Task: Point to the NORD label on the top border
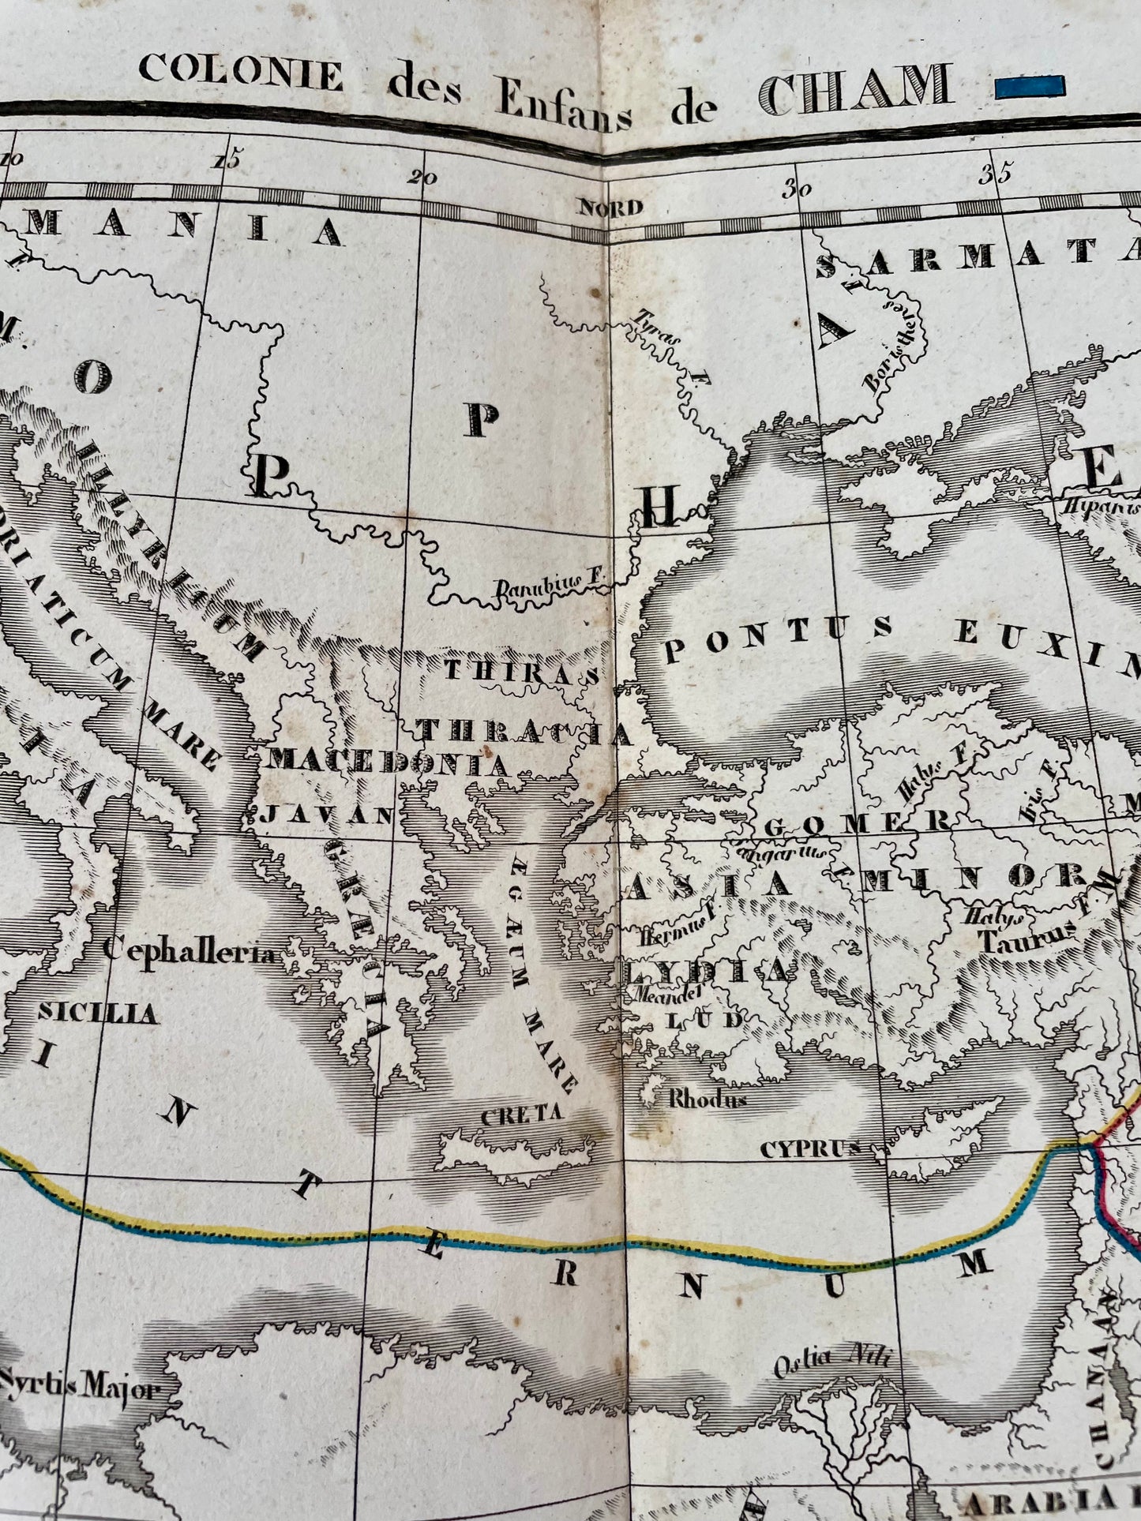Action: [611, 208]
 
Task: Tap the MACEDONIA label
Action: [388, 762]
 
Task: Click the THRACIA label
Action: [525, 732]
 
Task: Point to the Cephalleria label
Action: [190, 953]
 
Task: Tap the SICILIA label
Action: [97, 1013]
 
